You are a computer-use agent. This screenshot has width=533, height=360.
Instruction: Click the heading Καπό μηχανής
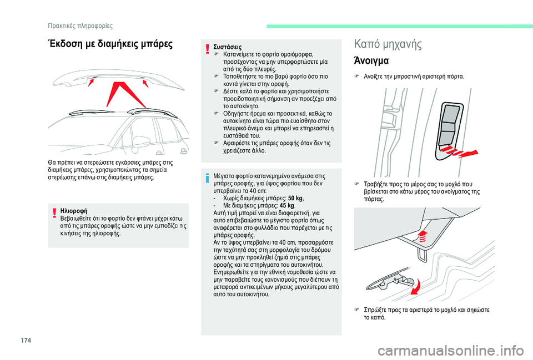(x=388, y=44)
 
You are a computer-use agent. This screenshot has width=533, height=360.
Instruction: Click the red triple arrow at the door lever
(x=465, y=153)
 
